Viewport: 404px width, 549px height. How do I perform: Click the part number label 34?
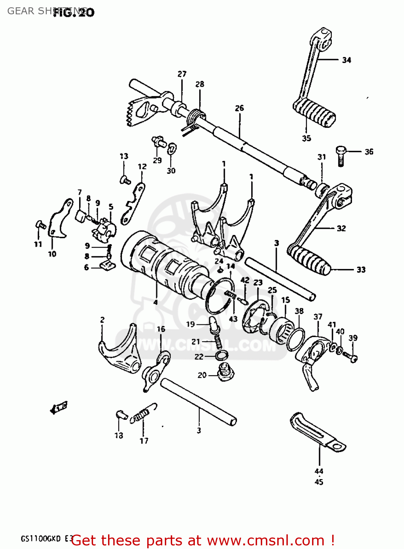pos(346,60)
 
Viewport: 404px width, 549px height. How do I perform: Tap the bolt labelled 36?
pos(341,155)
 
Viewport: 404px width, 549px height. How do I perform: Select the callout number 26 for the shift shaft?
pos(239,108)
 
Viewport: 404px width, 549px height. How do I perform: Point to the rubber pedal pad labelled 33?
pos(308,260)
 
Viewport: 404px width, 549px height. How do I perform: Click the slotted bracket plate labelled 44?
pos(317,432)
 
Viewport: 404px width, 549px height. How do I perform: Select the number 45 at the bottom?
pos(319,482)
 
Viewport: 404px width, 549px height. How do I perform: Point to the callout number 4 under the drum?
pos(156,302)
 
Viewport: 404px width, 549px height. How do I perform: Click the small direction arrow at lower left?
pos(58,407)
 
